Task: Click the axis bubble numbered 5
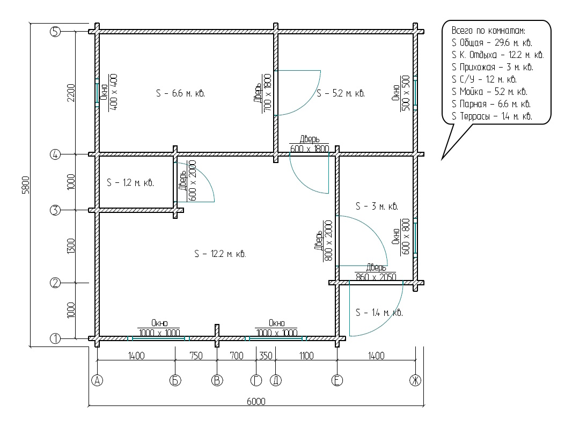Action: click(55, 32)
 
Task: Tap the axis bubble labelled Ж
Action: click(415, 380)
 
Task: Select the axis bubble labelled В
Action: click(217, 380)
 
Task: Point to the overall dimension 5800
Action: click(26, 185)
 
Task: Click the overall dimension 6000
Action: click(256, 401)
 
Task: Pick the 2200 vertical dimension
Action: click(71, 93)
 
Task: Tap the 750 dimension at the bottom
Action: click(196, 356)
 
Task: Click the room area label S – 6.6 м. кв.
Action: click(180, 93)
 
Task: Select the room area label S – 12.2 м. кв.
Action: click(220, 254)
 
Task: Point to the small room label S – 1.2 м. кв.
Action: click(130, 183)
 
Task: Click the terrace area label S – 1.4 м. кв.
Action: click(379, 312)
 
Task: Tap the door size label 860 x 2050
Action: click(376, 277)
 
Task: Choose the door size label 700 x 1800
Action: click(267, 93)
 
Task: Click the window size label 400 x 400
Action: click(113, 92)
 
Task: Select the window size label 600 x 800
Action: click(406, 237)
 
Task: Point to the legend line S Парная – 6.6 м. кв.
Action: click(491, 104)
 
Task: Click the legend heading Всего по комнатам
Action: click(488, 31)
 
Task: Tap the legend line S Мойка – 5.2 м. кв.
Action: click(489, 92)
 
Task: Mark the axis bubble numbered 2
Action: click(55, 283)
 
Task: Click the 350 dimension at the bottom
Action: click(266, 356)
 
